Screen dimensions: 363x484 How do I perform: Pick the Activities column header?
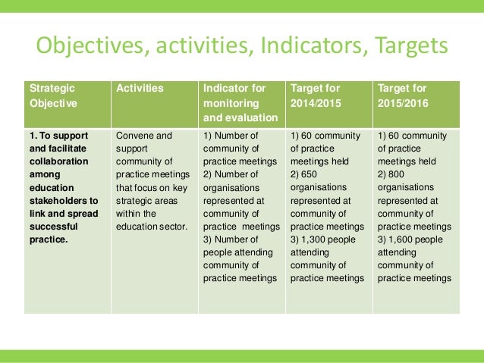point(140,89)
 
